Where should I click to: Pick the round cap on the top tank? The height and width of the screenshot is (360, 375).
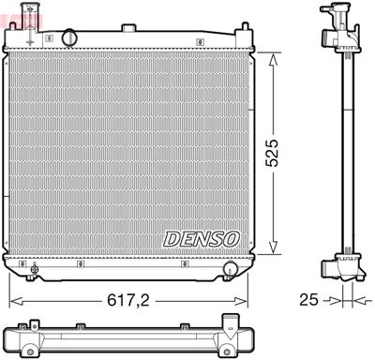point(68,37)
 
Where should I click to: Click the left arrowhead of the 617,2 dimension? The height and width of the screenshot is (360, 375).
point(12,301)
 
